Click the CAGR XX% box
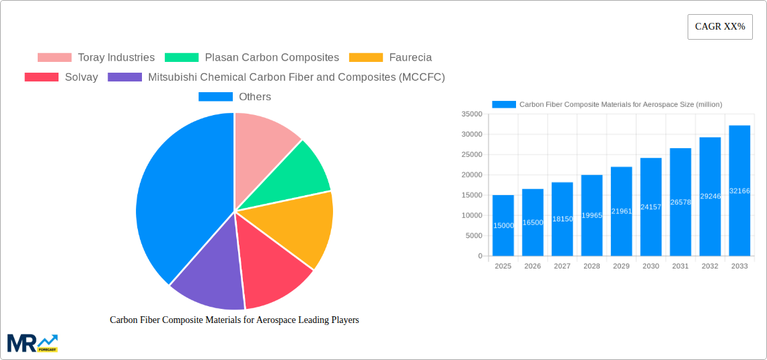[x=719, y=27]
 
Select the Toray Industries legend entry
[x=96, y=58]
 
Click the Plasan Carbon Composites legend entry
[x=252, y=58]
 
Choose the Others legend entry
[x=235, y=97]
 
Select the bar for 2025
[x=503, y=225]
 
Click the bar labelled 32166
[x=739, y=190]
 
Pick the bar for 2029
[x=621, y=211]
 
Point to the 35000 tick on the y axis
[x=472, y=114]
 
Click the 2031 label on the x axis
[x=680, y=266]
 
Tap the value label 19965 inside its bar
[x=591, y=215]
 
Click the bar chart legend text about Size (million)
[x=620, y=104]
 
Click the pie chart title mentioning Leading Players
[x=234, y=320]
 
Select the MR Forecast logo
[x=32, y=343]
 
